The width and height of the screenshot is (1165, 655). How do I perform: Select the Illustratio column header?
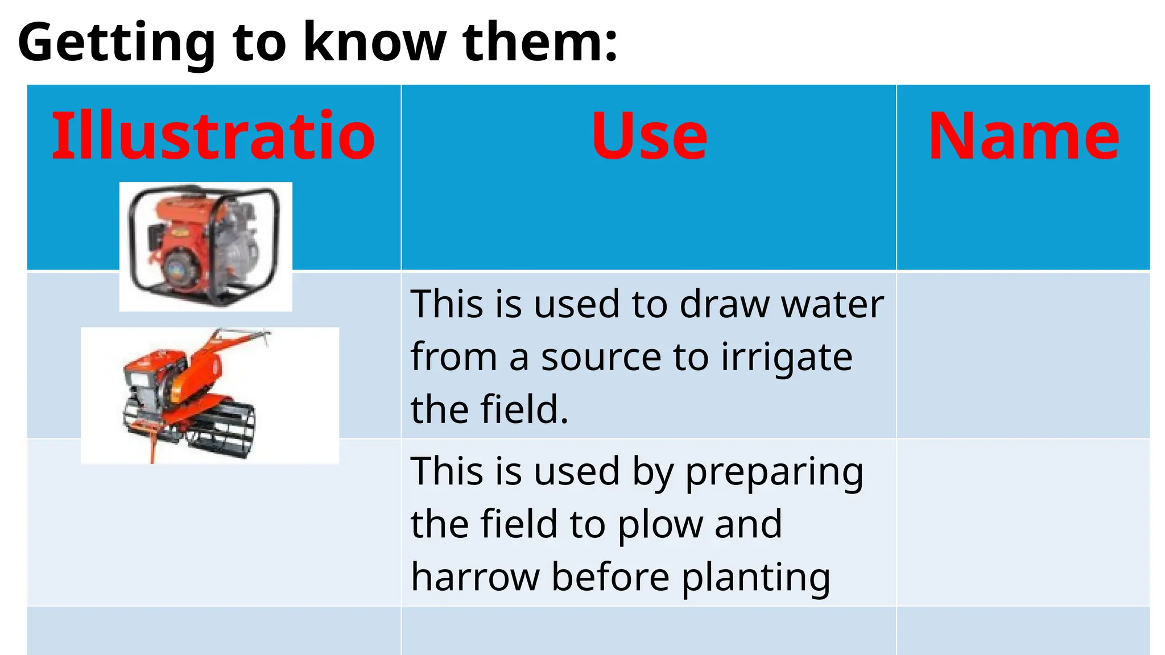213,136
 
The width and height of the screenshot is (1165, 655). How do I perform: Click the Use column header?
649,136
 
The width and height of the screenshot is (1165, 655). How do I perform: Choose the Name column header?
1023,136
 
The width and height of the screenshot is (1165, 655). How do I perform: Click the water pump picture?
205,246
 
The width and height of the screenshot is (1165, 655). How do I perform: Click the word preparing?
774,472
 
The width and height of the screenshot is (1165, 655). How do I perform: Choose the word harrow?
475,577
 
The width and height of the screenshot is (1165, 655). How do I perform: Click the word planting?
756,577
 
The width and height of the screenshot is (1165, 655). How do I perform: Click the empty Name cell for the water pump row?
1023,355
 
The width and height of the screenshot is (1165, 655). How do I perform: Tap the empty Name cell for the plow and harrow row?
1023,522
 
